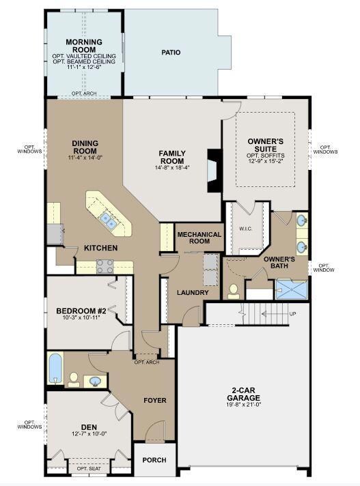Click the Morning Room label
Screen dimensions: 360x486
[x=84, y=46]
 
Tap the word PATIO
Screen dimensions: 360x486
[x=171, y=53]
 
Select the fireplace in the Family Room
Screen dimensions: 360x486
[x=214, y=171]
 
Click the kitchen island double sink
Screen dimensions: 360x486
[x=108, y=220]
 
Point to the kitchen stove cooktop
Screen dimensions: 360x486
[x=105, y=267]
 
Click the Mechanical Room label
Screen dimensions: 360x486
[x=199, y=238]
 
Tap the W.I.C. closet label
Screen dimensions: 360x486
[x=246, y=229]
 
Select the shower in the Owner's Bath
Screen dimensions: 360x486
[x=291, y=289]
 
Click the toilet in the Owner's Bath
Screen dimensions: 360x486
[x=234, y=291]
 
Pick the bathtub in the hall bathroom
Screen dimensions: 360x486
[x=56, y=368]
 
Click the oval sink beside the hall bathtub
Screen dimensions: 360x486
[x=95, y=381]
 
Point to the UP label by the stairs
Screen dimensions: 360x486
[x=292, y=314]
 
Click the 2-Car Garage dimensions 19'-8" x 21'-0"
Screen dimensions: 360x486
[x=243, y=404]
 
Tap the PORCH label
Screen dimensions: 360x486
[x=154, y=460]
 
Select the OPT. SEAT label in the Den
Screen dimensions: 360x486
[x=89, y=469]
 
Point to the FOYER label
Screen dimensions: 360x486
[x=155, y=401]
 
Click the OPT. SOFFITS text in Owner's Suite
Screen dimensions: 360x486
[x=266, y=155]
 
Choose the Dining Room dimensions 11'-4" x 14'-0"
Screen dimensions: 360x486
[x=85, y=157]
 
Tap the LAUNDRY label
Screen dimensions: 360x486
[x=193, y=292]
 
